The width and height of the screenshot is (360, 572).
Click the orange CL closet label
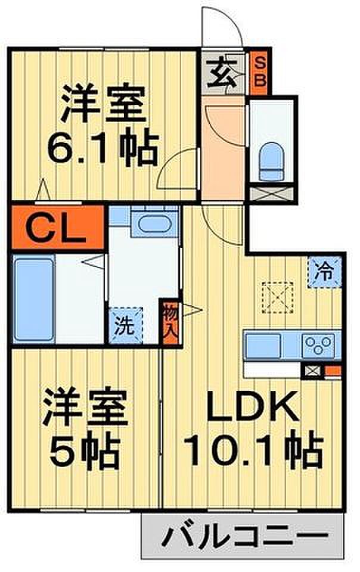tap(57, 227)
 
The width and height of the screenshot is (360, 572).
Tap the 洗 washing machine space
tap(125, 325)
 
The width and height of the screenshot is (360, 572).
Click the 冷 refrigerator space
tap(325, 273)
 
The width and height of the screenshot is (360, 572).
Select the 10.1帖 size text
tap(253, 452)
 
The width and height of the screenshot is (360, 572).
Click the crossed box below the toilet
tap(271, 194)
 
